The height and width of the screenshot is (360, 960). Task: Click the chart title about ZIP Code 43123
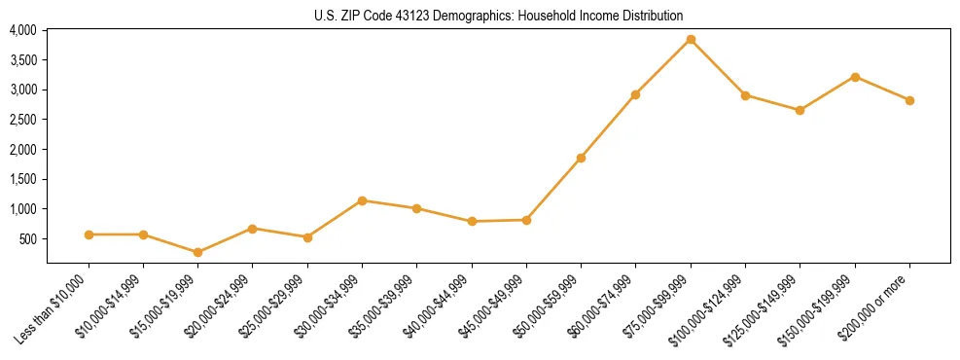(x=498, y=16)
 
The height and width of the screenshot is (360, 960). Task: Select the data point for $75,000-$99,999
(x=691, y=40)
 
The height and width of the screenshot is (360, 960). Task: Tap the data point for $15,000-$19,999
(x=197, y=252)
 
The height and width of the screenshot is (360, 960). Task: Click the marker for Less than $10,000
(x=89, y=234)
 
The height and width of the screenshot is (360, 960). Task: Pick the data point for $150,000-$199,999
(x=855, y=77)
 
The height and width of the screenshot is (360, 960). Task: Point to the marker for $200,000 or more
(x=909, y=100)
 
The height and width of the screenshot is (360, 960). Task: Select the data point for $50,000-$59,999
(x=581, y=158)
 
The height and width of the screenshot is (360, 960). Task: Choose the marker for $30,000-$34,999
(x=362, y=200)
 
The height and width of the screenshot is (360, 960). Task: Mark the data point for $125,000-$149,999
(x=800, y=110)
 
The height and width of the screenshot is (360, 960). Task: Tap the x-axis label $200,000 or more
(x=878, y=306)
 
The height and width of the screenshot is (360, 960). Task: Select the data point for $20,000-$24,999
(x=252, y=229)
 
